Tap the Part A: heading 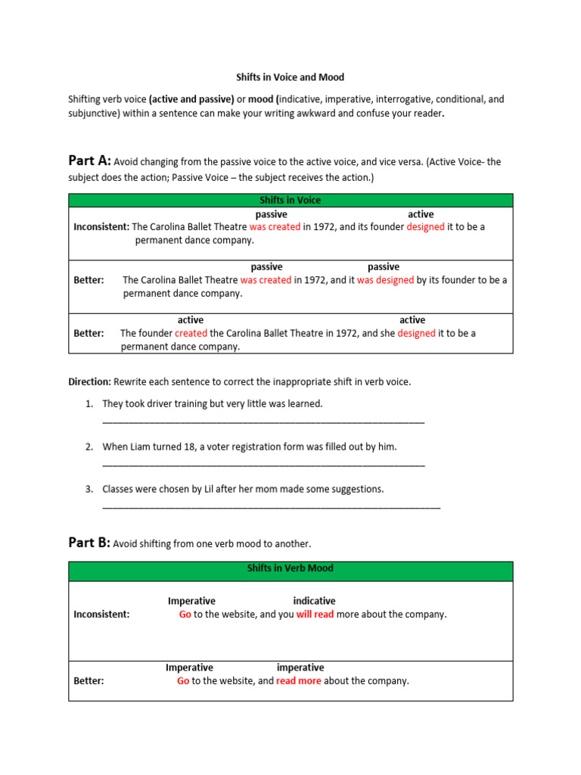(x=89, y=160)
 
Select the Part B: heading (x=89, y=543)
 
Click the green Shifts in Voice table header (x=290, y=200)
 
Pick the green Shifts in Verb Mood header (x=290, y=568)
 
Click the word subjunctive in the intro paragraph (x=93, y=114)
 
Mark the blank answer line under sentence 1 (x=263, y=421)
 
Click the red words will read (x=315, y=615)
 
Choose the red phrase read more (x=298, y=681)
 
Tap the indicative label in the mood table (x=314, y=601)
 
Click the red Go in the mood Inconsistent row (x=185, y=615)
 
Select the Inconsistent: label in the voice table (x=101, y=227)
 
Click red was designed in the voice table (x=385, y=280)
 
